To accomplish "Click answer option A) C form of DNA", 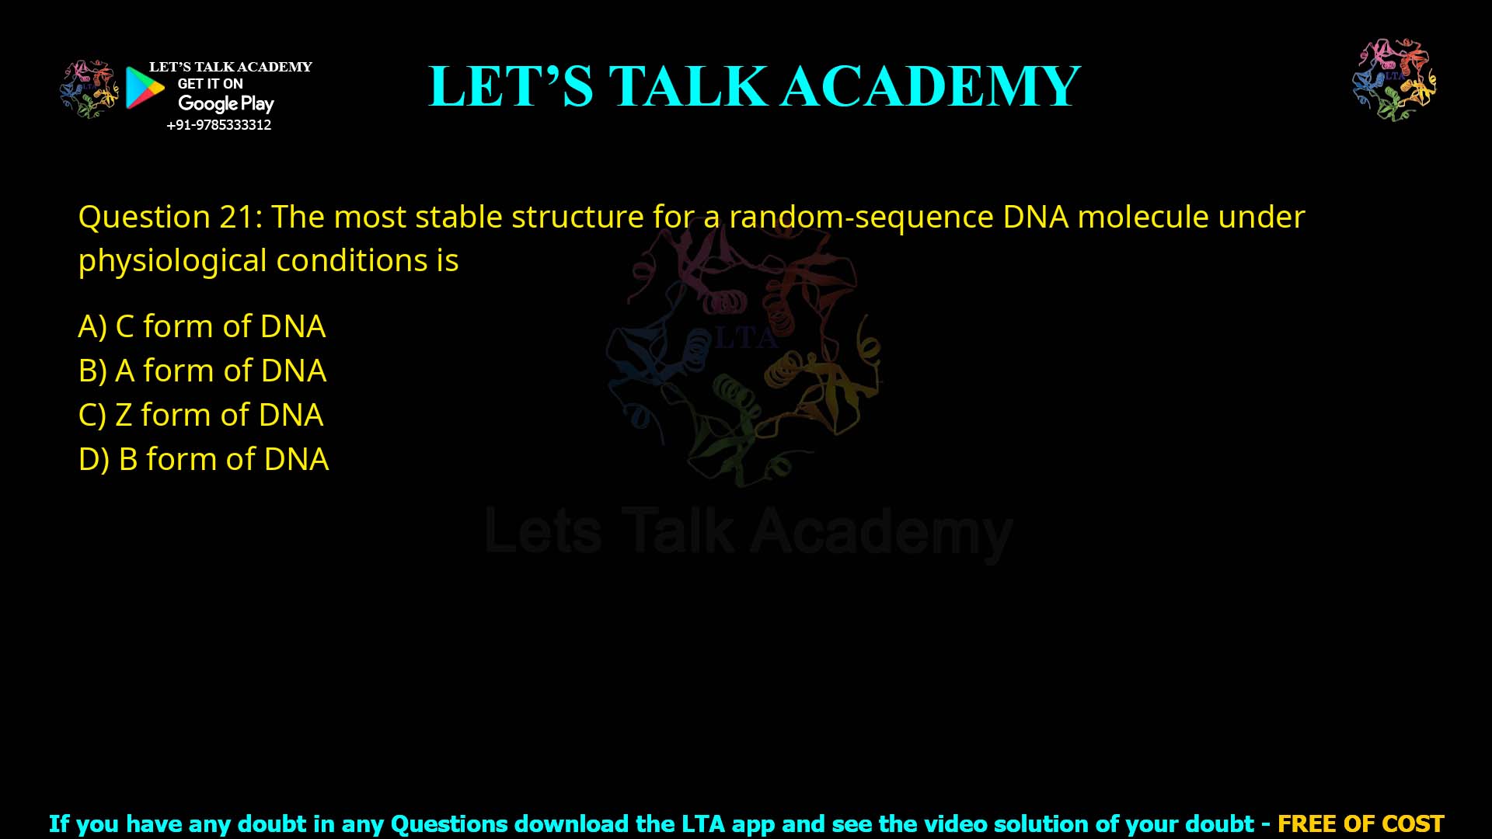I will click(202, 326).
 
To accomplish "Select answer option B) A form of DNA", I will click(202, 371).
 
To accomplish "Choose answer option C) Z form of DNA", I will click(200, 415).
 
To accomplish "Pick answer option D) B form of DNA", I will click(204, 459).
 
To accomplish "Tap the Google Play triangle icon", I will click(145, 88).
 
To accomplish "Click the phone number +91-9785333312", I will click(219, 125).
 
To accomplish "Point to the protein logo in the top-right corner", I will click(1394, 80).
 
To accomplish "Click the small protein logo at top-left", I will click(89, 89).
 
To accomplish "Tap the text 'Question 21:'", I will click(170, 217).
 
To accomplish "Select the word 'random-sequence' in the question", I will click(861, 217).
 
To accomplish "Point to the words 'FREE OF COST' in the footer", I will click(1361, 823).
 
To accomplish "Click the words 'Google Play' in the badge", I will click(225, 103).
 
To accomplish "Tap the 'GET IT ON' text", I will click(210, 84).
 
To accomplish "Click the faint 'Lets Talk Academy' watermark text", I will click(748, 532).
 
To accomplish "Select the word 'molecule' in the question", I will click(1142, 217).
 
